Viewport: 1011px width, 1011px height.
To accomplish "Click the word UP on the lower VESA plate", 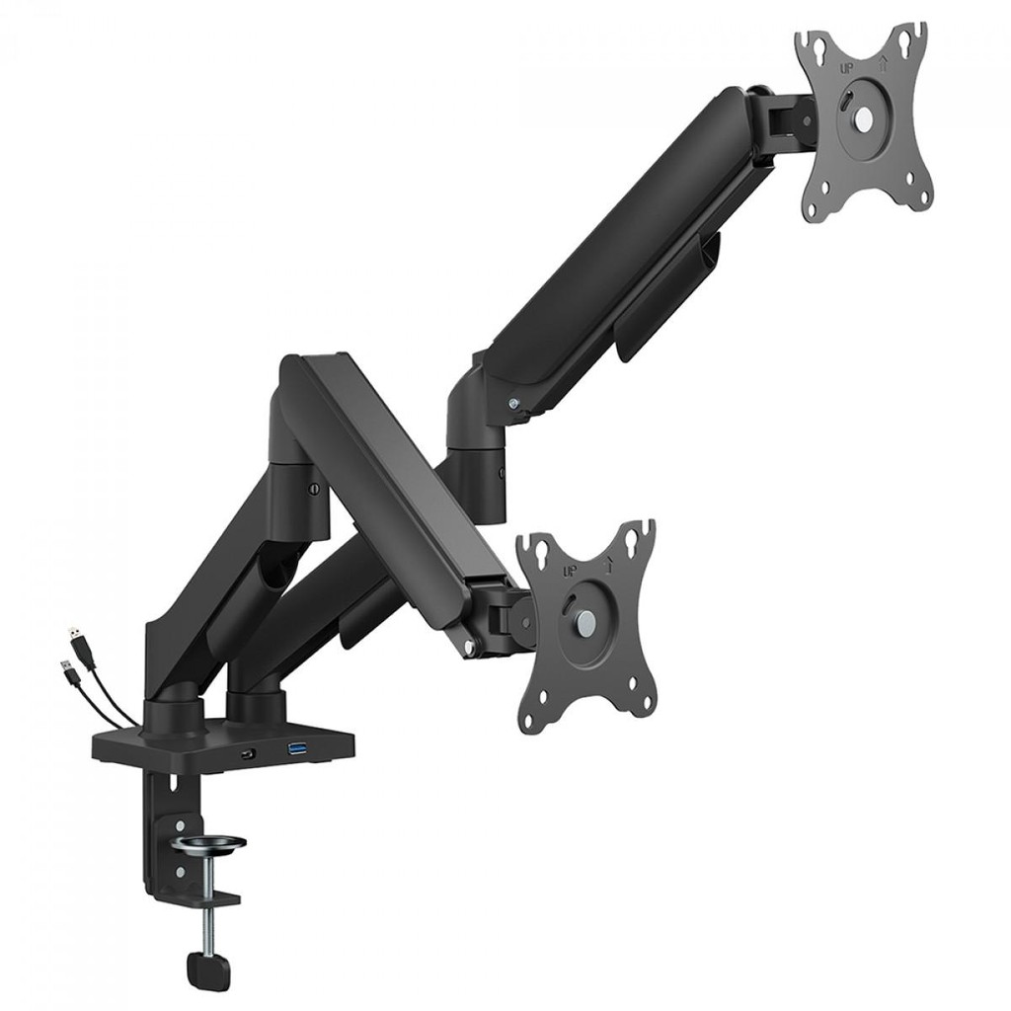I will click(569, 572).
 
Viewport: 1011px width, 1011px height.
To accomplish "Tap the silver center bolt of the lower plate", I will click(585, 624).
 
